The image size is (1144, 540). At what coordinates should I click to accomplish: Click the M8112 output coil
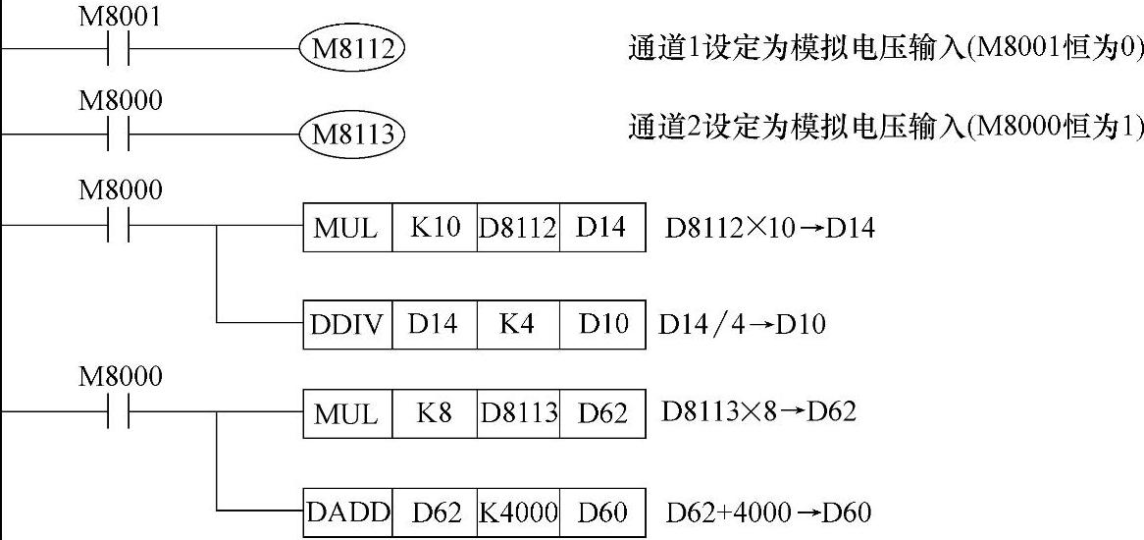pyautogui.click(x=352, y=48)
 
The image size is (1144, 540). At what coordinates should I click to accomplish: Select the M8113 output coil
pyautogui.click(x=352, y=134)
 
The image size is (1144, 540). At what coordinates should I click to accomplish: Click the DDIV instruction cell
pyautogui.click(x=347, y=323)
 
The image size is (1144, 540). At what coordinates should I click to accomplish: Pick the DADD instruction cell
pyautogui.click(x=348, y=512)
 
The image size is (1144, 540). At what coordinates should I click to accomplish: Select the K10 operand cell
pyautogui.click(x=435, y=228)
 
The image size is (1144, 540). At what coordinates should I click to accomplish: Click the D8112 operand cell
pyautogui.click(x=518, y=228)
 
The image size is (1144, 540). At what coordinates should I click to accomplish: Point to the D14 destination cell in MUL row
pyautogui.click(x=601, y=228)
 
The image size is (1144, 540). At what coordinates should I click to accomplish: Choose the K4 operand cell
pyautogui.click(x=517, y=323)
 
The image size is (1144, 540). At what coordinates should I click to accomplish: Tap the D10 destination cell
pyautogui.click(x=602, y=323)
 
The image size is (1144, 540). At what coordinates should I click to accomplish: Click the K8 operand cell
pyautogui.click(x=435, y=412)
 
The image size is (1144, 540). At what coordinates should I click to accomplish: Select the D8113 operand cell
pyautogui.click(x=518, y=412)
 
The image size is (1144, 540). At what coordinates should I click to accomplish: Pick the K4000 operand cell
pyautogui.click(x=518, y=512)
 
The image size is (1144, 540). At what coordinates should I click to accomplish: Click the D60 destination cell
pyautogui.click(x=602, y=512)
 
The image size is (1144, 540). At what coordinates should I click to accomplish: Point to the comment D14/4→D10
pyautogui.click(x=742, y=324)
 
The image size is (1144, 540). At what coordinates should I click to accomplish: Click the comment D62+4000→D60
pyautogui.click(x=768, y=513)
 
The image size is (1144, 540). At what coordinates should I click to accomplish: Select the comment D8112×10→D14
pyautogui.click(x=769, y=229)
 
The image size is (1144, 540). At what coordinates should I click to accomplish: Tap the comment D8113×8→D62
pyautogui.click(x=758, y=411)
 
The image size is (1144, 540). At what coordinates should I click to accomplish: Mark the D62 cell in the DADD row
pyautogui.click(x=436, y=512)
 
